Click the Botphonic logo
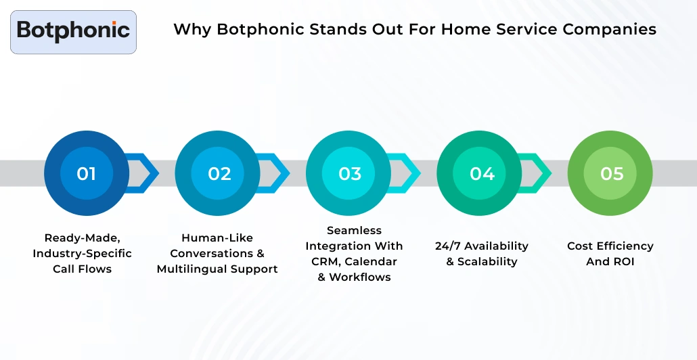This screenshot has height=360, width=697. pos(73,31)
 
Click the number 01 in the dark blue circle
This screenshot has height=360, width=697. pos(86,174)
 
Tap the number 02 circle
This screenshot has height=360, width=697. pos(219,174)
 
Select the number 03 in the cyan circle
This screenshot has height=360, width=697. pos(350,174)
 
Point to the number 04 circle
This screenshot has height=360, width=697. pos(481,174)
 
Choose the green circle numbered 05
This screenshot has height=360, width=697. pos(611,174)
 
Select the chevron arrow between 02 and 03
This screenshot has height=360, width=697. pos(277,174)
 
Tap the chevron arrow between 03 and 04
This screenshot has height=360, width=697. pos(407,174)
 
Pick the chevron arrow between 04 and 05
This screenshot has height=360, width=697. pos(539,174)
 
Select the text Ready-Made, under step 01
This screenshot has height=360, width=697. pos(82,238)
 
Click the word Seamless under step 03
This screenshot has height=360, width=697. pos(354,230)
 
